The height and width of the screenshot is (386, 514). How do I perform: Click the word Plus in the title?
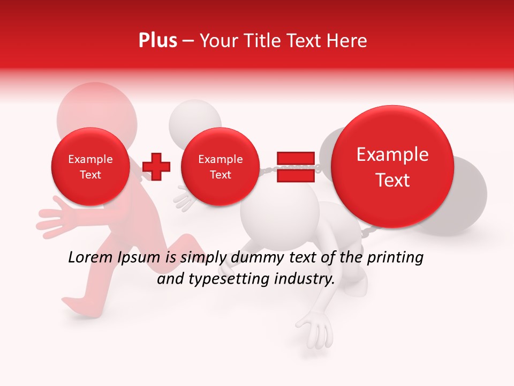[157, 41]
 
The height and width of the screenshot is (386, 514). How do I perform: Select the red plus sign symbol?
[156, 167]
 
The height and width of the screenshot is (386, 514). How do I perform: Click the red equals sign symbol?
[295, 167]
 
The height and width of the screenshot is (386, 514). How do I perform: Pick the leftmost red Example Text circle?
[90, 167]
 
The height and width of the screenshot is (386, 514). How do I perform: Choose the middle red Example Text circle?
[220, 167]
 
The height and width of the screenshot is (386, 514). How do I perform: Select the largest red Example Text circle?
[392, 167]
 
